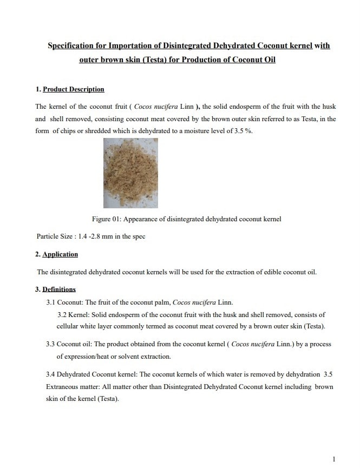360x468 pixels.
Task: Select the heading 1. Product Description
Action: click(70, 89)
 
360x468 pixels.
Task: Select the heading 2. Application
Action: click(57, 254)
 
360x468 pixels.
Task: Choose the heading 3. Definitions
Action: click(56, 289)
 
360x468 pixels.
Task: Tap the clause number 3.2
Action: click(62, 314)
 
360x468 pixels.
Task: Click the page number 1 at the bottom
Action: click(334, 459)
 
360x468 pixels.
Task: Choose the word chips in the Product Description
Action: click(69, 131)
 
